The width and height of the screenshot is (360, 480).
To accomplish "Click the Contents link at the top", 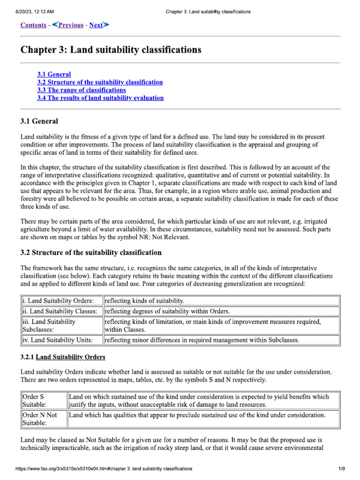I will coord(33,25).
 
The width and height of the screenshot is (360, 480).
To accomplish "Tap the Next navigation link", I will coord(98,25).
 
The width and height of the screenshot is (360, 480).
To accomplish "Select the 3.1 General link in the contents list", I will coord(54,74).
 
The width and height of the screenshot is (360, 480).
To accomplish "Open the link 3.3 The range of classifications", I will coord(82,90).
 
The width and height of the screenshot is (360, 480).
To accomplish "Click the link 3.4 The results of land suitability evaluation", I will coord(100,98).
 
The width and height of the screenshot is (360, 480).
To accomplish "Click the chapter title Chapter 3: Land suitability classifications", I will coord(111,49).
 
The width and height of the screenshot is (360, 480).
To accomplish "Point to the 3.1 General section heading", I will coord(39,121).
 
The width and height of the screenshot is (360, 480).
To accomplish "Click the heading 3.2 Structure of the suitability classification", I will coord(91,253).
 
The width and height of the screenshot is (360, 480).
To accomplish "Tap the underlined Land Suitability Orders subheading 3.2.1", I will coord(70,357).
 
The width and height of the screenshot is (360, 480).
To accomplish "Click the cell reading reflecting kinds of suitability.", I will coord(144,300).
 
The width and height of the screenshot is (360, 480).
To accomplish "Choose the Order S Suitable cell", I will coord(43,400).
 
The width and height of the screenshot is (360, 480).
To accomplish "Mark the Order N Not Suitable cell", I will coord(43,419).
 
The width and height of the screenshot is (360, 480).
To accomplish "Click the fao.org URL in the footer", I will coord(104,468).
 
